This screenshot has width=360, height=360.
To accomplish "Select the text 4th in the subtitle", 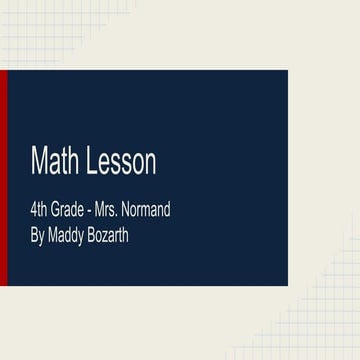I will coord(41,212).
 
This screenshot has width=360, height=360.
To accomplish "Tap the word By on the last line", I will coord(38,240).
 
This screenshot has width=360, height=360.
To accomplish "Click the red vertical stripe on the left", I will coord(4,178).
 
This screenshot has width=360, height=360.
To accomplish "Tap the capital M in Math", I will coord(39,160).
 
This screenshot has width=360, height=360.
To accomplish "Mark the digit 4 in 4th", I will coord(34,212).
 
